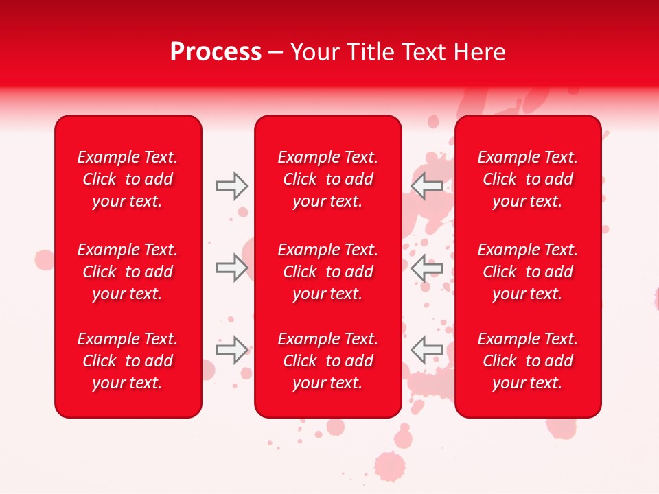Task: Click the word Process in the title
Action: coord(216,52)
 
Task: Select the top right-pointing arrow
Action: coord(232,186)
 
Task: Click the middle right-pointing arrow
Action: coord(232,268)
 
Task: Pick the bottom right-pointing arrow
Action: coord(232,350)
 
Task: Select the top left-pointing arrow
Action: coord(426,186)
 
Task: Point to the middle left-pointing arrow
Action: coord(426,268)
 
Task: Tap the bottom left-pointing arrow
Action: coord(426,350)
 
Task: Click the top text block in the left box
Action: coord(128,179)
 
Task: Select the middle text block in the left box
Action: coord(128,272)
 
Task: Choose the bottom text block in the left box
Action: coord(128,361)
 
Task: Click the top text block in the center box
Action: coord(327,179)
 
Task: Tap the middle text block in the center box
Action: coord(327,272)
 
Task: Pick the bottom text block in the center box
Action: coord(327,361)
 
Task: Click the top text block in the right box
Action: coord(527,179)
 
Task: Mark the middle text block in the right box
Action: coord(527,272)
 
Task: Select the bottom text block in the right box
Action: coord(527,361)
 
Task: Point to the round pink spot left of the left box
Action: coord(45,259)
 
